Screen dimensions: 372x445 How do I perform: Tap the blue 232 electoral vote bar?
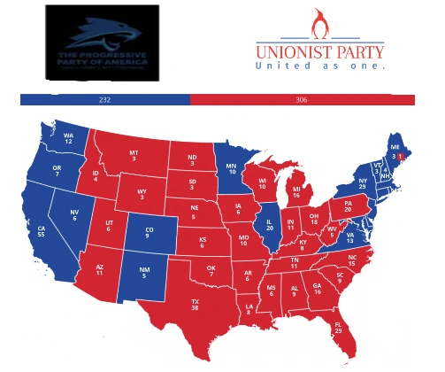(104, 100)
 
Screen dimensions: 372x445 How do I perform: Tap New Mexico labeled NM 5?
(137, 277)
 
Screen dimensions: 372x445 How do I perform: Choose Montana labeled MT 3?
(134, 157)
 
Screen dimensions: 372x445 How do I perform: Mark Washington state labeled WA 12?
(68, 139)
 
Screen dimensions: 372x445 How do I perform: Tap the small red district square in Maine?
(399, 155)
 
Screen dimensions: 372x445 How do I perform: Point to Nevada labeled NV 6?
(75, 215)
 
